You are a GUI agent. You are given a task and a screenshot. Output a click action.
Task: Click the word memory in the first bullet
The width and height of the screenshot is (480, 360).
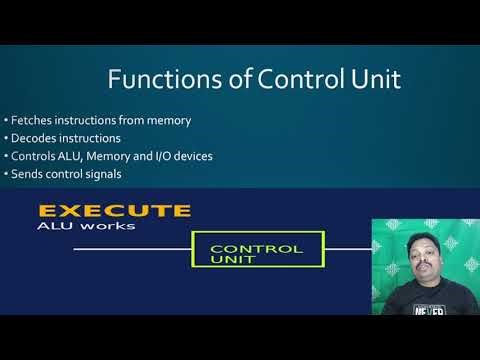coord(164,120)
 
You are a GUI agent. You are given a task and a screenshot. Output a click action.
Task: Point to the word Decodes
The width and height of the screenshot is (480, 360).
coord(33,138)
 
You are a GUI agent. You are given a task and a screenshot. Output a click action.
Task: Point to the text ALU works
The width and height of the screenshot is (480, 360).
coord(72,226)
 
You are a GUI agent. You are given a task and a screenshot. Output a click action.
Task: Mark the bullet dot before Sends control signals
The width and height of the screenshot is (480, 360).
coord(6,175)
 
